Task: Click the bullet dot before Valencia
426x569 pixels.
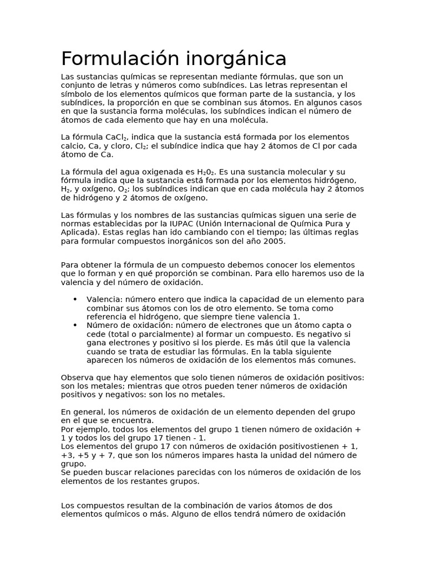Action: tap(75, 300)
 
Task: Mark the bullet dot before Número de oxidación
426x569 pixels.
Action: tap(75, 325)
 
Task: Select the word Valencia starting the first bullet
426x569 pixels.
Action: tap(103, 300)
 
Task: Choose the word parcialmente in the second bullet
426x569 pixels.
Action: tap(154, 334)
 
